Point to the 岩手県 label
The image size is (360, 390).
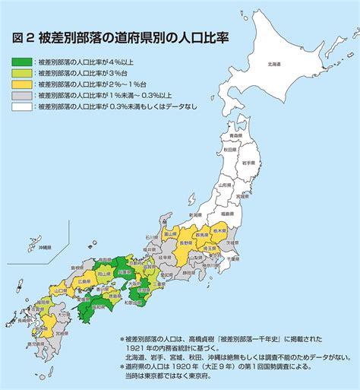248,162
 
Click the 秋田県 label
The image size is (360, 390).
230,151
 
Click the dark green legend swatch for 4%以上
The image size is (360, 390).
22,62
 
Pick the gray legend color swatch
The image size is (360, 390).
22,96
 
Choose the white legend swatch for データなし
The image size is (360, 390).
22,107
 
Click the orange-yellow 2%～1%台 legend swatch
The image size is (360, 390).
22,84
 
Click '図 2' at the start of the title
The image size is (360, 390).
23,36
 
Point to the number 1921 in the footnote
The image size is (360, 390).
141,349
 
